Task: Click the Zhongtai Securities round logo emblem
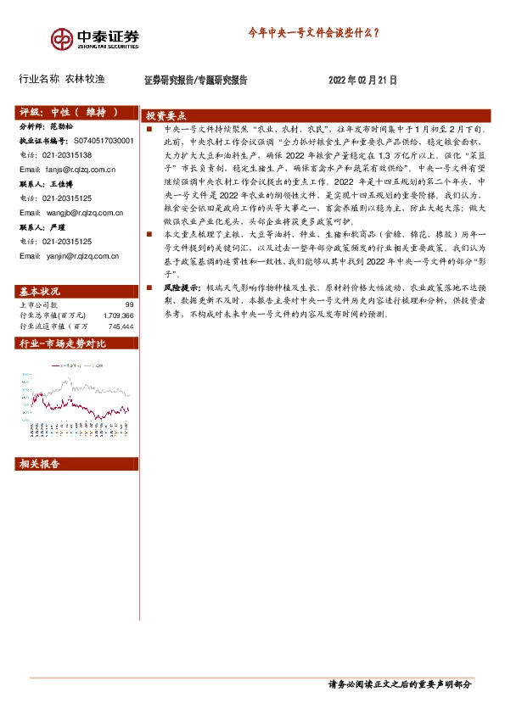61,38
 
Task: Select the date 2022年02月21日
362,80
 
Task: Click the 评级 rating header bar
76,112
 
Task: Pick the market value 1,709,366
118,315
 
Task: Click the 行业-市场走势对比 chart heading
62,343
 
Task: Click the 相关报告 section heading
39,464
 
